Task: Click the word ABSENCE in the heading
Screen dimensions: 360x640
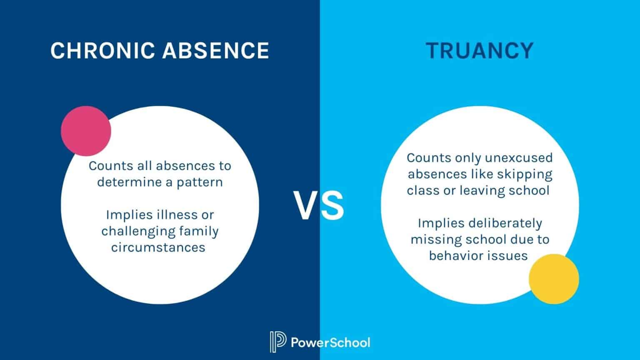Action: tap(216, 50)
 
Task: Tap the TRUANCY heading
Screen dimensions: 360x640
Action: tap(480, 50)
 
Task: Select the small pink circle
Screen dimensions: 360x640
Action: tap(86, 131)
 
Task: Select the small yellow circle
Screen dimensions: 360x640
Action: tap(554, 279)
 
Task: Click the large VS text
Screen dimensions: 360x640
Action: tap(320, 206)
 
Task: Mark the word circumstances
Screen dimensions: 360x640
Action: tap(158, 247)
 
